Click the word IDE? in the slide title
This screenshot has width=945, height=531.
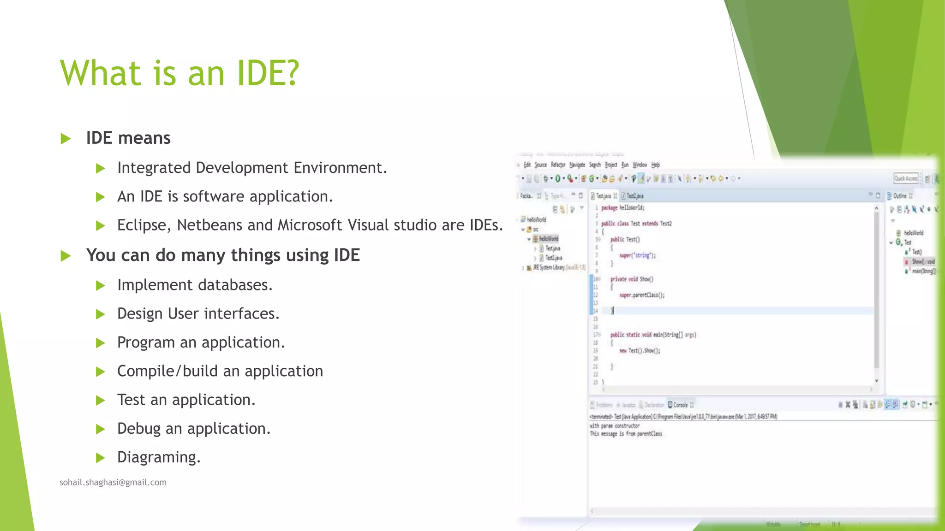(x=268, y=73)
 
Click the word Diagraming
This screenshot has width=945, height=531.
(x=159, y=457)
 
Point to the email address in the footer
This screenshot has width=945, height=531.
(x=113, y=482)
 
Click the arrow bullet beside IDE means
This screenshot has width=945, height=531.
(x=66, y=138)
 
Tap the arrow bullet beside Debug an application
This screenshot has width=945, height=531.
(x=100, y=429)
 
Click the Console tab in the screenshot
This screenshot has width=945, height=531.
(x=680, y=405)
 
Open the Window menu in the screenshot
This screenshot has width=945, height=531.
(x=640, y=165)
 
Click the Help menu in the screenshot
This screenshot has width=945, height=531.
(x=656, y=165)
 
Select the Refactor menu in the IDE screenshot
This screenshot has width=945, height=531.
(x=558, y=165)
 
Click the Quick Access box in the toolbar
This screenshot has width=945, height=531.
(x=906, y=178)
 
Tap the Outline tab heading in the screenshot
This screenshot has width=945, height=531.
(x=900, y=196)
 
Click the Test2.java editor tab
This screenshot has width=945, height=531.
(x=634, y=196)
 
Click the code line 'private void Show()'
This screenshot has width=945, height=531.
(x=632, y=279)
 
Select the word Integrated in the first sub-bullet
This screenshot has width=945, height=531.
(x=154, y=168)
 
